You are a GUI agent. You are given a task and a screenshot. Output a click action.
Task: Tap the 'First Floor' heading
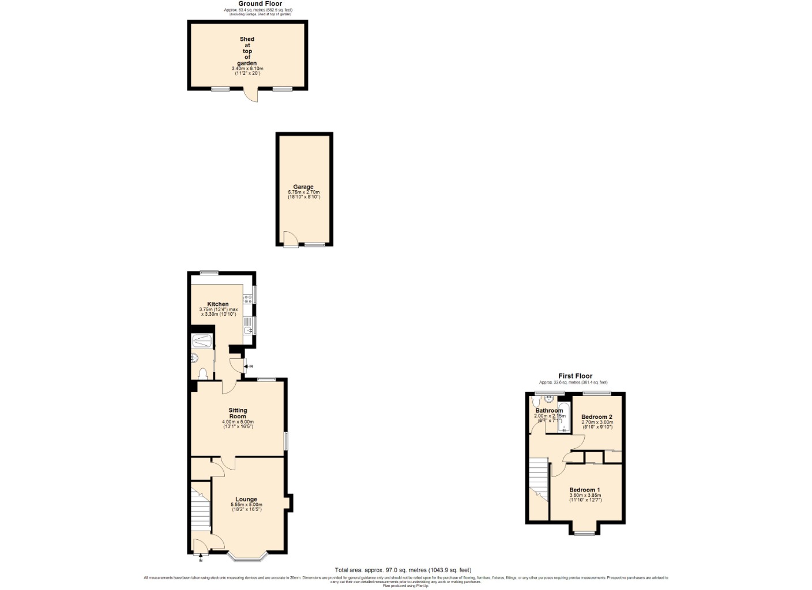pos(575,376)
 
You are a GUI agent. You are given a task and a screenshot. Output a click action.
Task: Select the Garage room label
pos(303,187)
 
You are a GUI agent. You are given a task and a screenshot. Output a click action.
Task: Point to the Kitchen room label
pos(218,304)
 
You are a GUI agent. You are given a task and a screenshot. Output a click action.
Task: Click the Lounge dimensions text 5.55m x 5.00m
pos(246,505)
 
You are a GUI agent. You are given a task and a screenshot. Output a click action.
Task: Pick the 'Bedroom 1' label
pos(585,490)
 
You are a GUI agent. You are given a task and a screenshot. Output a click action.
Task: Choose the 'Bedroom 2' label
pos(597,417)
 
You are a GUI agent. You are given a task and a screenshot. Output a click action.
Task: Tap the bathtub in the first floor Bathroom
pos(564,417)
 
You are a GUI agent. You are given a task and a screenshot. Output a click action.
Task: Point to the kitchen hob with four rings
pos(247,298)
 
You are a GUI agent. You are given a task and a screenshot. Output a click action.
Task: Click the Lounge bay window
pos(246,557)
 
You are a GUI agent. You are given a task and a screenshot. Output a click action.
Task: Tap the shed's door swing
pos(250,96)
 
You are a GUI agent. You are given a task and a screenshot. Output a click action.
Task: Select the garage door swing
pos(290,239)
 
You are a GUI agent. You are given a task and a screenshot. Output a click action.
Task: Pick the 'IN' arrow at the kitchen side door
pos(249,366)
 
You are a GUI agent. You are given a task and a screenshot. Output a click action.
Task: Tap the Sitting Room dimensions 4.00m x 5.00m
pos(238,422)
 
